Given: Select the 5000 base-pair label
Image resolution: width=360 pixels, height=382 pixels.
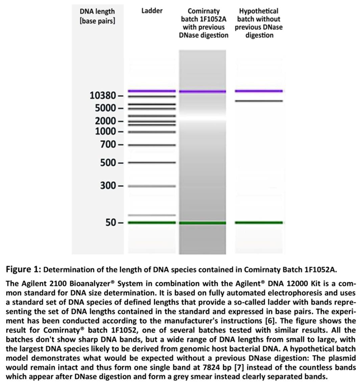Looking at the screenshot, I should coord(104,107).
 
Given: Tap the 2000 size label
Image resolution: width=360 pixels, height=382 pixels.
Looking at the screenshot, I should coord(104,121).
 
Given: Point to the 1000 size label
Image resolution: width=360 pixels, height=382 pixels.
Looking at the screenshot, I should coord(104,131).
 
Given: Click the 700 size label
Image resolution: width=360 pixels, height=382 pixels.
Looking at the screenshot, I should coord(107,145).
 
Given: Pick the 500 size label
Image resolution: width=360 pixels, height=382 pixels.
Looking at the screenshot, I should coord(107,163).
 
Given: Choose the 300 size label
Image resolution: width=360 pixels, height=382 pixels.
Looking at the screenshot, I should coord(107,185).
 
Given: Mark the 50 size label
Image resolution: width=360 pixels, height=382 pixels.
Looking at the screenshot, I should coord(110,222).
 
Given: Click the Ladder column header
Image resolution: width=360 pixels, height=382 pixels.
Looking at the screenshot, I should coord(152,11).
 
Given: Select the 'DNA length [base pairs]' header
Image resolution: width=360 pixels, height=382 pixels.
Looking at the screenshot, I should coord(98,16).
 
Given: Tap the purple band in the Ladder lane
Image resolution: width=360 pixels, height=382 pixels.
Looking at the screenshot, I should coord(152,91).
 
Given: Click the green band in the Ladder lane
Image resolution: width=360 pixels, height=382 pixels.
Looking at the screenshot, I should coord(152,223).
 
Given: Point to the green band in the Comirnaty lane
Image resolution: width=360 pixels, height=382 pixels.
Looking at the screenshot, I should coord(203,223).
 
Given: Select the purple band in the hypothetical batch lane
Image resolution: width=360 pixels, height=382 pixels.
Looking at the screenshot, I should coord(259,91).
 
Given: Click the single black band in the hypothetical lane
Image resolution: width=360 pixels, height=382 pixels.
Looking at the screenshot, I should coord(259,101).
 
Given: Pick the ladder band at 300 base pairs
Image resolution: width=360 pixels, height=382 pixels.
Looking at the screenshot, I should coord(152,185).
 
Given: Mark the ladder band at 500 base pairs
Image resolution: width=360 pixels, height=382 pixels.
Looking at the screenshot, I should coord(152,163).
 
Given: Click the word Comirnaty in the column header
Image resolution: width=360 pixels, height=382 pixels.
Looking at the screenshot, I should coord(203,11).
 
